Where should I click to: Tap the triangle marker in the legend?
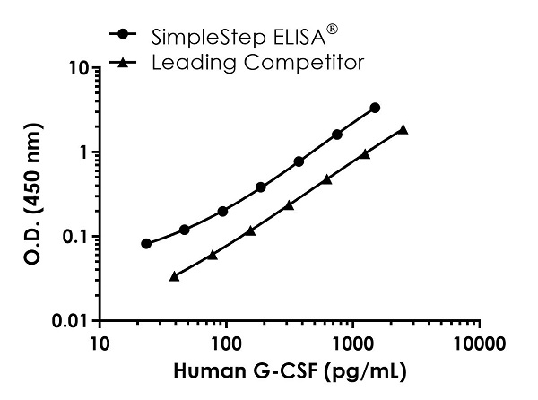click(x=122, y=62)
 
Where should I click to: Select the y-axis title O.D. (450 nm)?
click(x=26, y=193)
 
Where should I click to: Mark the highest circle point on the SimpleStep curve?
click(x=375, y=108)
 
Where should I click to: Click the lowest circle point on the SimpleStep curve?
click(x=146, y=243)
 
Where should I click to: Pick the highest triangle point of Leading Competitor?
click(x=403, y=129)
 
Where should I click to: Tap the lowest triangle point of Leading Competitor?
click(x=174, y=275)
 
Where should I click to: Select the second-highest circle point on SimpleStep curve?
click(x=337, y=134)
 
